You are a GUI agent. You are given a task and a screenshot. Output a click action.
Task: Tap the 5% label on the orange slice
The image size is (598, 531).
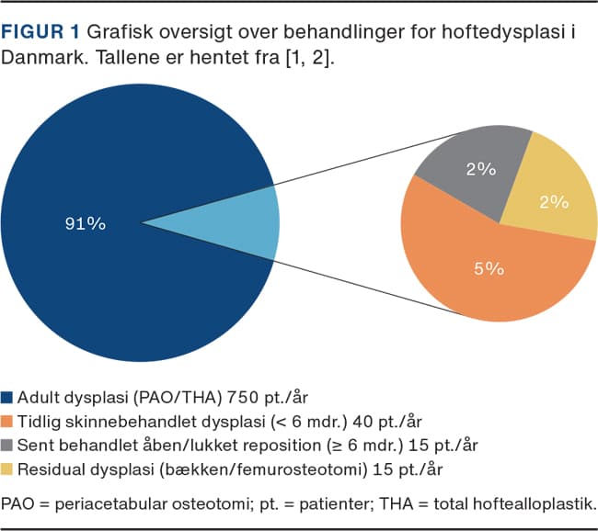pyautogui.click(x=489, y=268)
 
